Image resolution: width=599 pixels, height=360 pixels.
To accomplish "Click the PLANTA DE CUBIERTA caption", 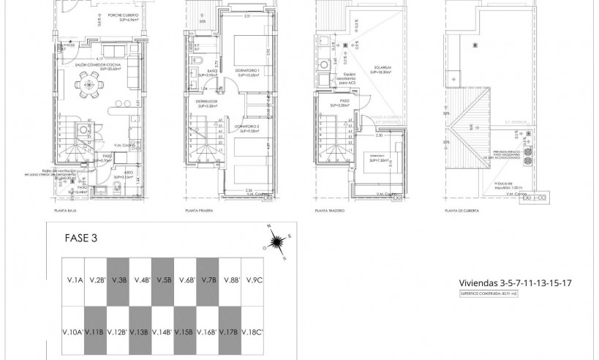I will (x=462, y=211).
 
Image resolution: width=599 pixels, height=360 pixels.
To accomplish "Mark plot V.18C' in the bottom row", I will (x=252, y=331).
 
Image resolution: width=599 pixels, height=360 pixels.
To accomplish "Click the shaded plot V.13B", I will (x=141, y=331).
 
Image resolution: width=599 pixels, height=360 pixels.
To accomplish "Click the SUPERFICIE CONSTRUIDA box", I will (x=495, y=293).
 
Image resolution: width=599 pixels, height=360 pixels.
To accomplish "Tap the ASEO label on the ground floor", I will (x=108, y=173).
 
